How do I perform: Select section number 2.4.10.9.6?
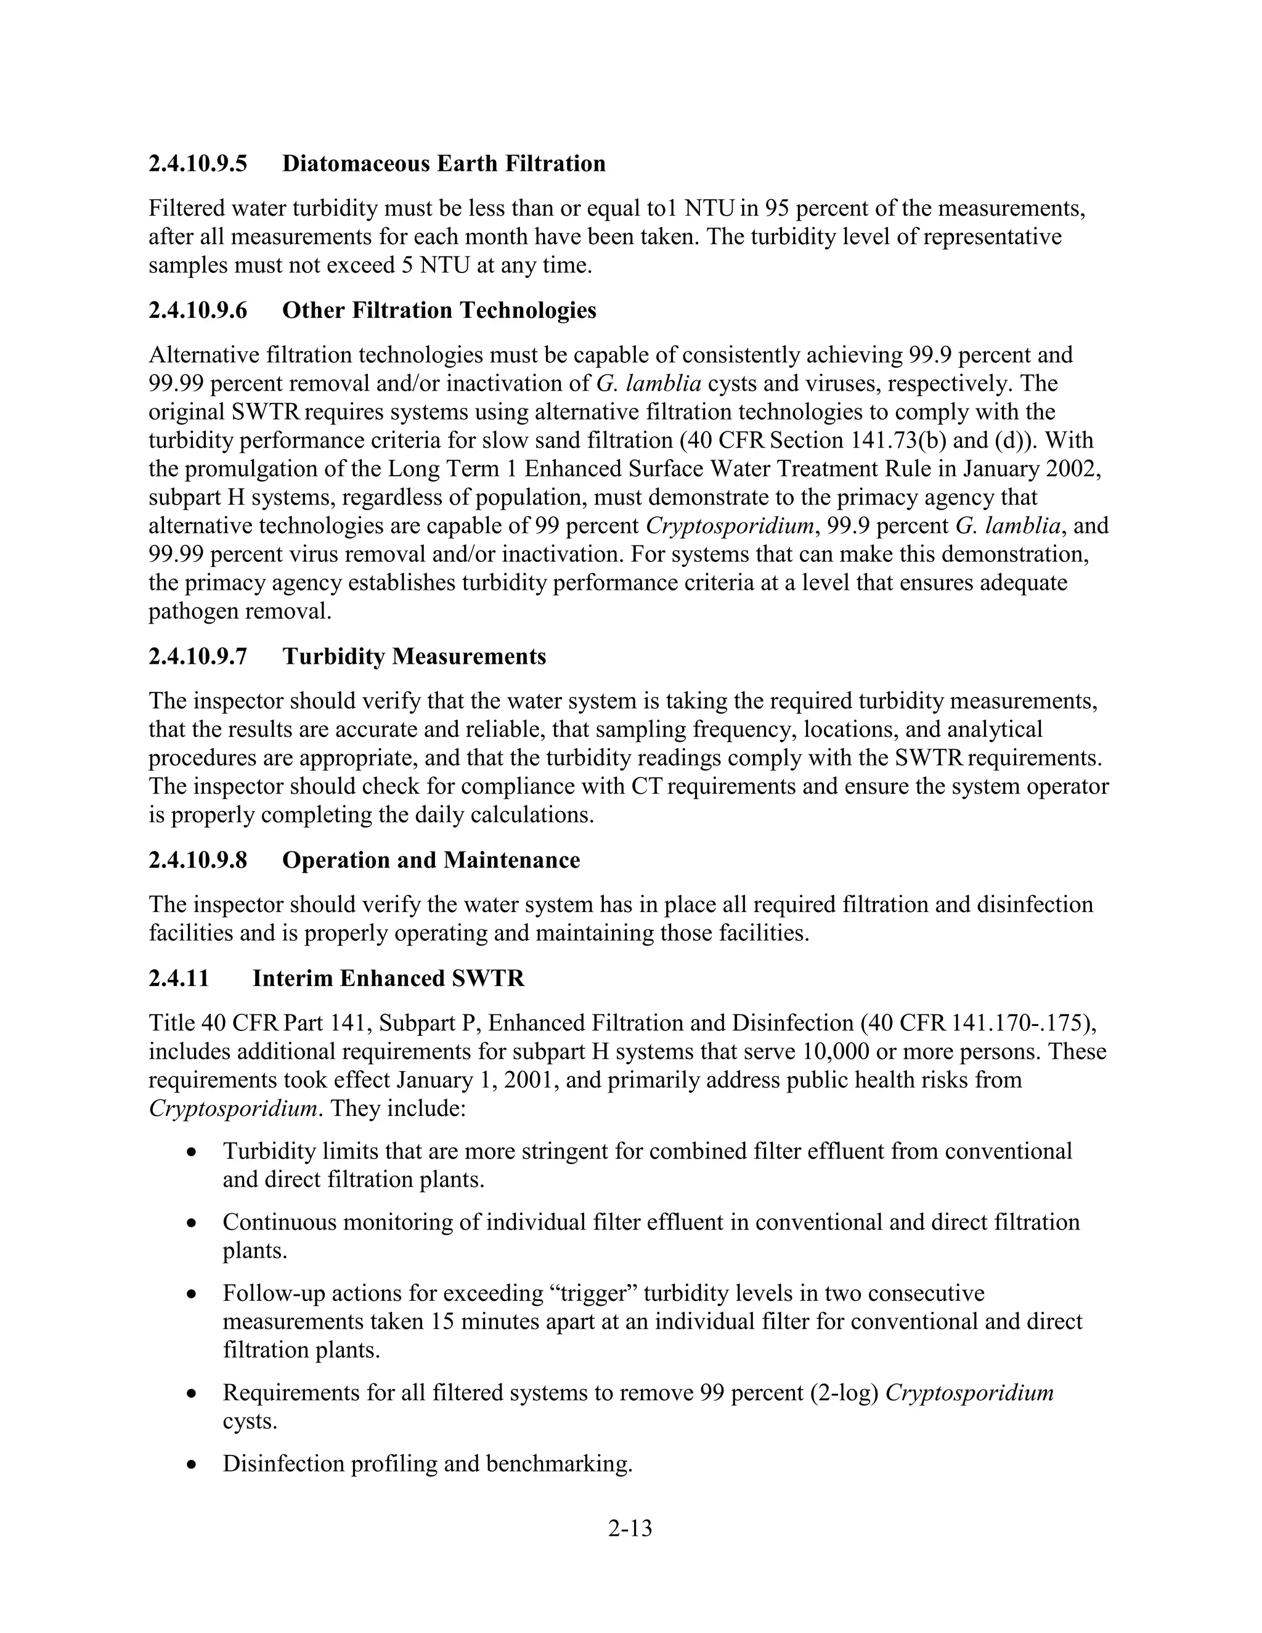tap(197, 311)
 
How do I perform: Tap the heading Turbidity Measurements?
tap(414, 656)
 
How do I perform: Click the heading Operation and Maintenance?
tap(431, 860)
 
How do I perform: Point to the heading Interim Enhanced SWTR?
tap(388, 978)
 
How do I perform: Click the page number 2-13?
tap(630, 1528)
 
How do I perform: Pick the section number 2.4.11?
tap(179, 978)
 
